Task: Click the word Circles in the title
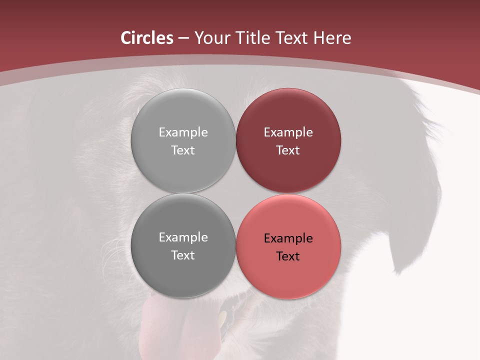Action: click(146, 38)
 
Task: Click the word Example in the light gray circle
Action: click(183, 132)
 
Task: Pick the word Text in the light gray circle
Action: click(183, 150)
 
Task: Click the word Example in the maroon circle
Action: click(288, 132)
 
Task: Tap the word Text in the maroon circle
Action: click(288, 150)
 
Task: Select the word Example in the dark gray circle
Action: click(183, 237)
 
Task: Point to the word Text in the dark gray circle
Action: click(183, 255)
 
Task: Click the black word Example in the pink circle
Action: click(288, 238)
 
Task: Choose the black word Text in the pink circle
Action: click(288, 256)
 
